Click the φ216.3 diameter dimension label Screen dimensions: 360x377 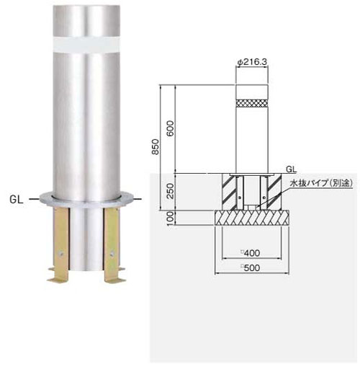252,62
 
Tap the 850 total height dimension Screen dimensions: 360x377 156,147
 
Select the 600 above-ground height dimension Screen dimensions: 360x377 170,128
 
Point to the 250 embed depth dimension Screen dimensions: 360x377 170,191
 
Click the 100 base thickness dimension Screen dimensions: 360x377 170,218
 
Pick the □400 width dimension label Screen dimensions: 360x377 251,253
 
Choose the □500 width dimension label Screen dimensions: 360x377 251,267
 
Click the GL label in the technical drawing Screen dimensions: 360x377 291,169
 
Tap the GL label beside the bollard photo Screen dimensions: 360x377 17,200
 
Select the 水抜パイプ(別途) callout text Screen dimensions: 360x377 322,183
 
